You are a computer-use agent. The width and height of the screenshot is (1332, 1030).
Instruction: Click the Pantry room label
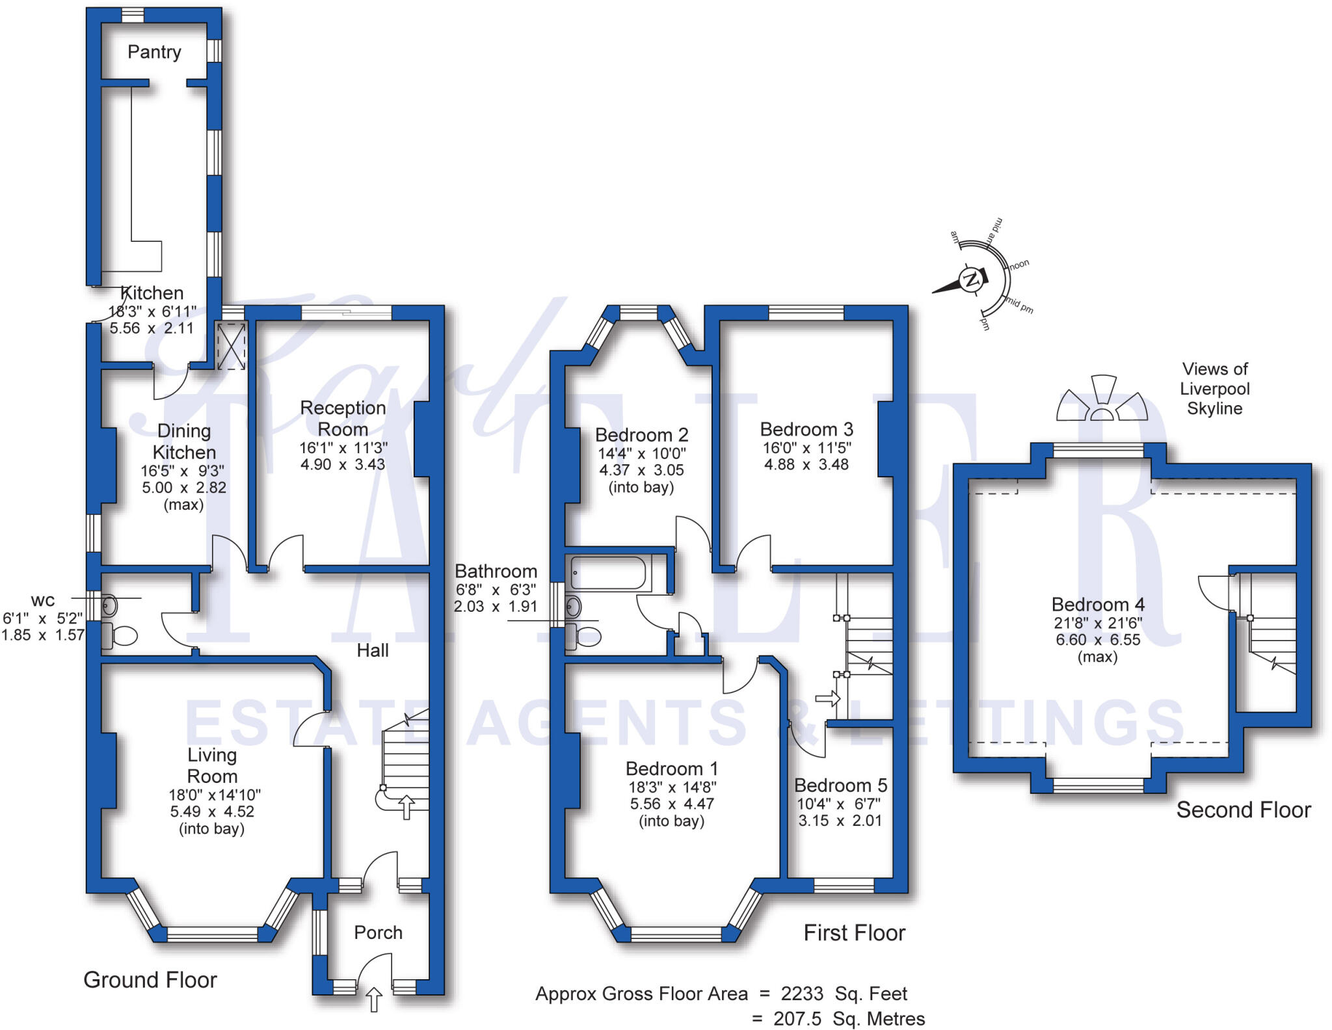pos(154,52)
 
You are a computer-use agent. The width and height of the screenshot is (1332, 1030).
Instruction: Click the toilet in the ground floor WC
pos(120,635)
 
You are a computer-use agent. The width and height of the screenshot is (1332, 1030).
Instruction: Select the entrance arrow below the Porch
pos(375,999)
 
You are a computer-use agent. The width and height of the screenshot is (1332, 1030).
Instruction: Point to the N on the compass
pos(971,280)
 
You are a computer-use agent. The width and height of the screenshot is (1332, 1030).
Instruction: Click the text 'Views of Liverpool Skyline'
pos(1214,388)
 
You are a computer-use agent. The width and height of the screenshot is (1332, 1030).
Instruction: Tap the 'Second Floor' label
pos(1243,810)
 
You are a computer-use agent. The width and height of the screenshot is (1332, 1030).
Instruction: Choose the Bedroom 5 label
pos(840,785)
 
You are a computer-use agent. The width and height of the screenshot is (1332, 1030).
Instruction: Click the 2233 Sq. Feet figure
pos(844,994)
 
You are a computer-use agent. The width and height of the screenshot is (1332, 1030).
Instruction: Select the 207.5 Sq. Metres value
pos(848,1018)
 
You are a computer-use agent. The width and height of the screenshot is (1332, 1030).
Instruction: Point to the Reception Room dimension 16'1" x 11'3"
pos(343,447)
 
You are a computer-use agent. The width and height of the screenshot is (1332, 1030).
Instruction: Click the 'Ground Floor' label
pos(150,979)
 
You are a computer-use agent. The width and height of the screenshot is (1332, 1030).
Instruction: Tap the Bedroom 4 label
pos(1098,604)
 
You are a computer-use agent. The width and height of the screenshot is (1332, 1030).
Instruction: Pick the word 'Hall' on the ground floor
pos(373,650)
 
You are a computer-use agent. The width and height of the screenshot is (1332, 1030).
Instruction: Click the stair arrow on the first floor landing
pos(827,699)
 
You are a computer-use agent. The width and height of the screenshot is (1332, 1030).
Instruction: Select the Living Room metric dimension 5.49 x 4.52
pos(212,812)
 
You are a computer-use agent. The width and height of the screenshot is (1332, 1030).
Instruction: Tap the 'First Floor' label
pos(854,932)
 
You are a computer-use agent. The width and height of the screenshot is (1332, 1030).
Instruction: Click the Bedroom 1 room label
pos(671,768)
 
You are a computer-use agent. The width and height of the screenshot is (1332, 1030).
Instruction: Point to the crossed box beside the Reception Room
pos(231,346)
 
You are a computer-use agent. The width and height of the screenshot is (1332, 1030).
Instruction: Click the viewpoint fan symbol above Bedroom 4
pos(1100,401)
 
